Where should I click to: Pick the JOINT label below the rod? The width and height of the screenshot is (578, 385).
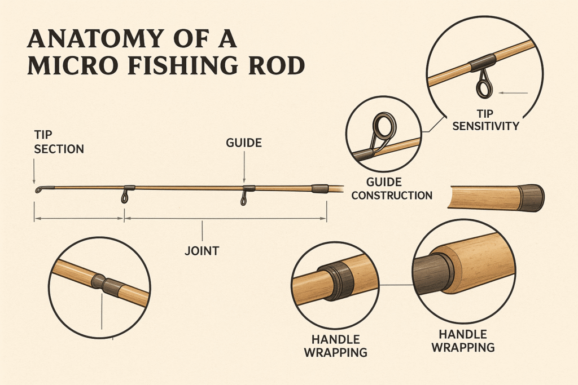tap(202, 250)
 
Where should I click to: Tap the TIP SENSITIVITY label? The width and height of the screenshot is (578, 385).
tap(484, 120)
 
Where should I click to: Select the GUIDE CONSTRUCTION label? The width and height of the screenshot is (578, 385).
tap(400, 189)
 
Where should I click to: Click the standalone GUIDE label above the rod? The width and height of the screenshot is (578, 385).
tap(243, 143)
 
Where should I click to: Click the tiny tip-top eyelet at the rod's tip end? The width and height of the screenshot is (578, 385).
tap(37, 191)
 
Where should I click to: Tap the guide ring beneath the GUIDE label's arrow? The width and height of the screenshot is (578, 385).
tap(244, 199)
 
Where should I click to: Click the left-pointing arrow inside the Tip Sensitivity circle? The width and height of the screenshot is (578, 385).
tap(514, 92)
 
